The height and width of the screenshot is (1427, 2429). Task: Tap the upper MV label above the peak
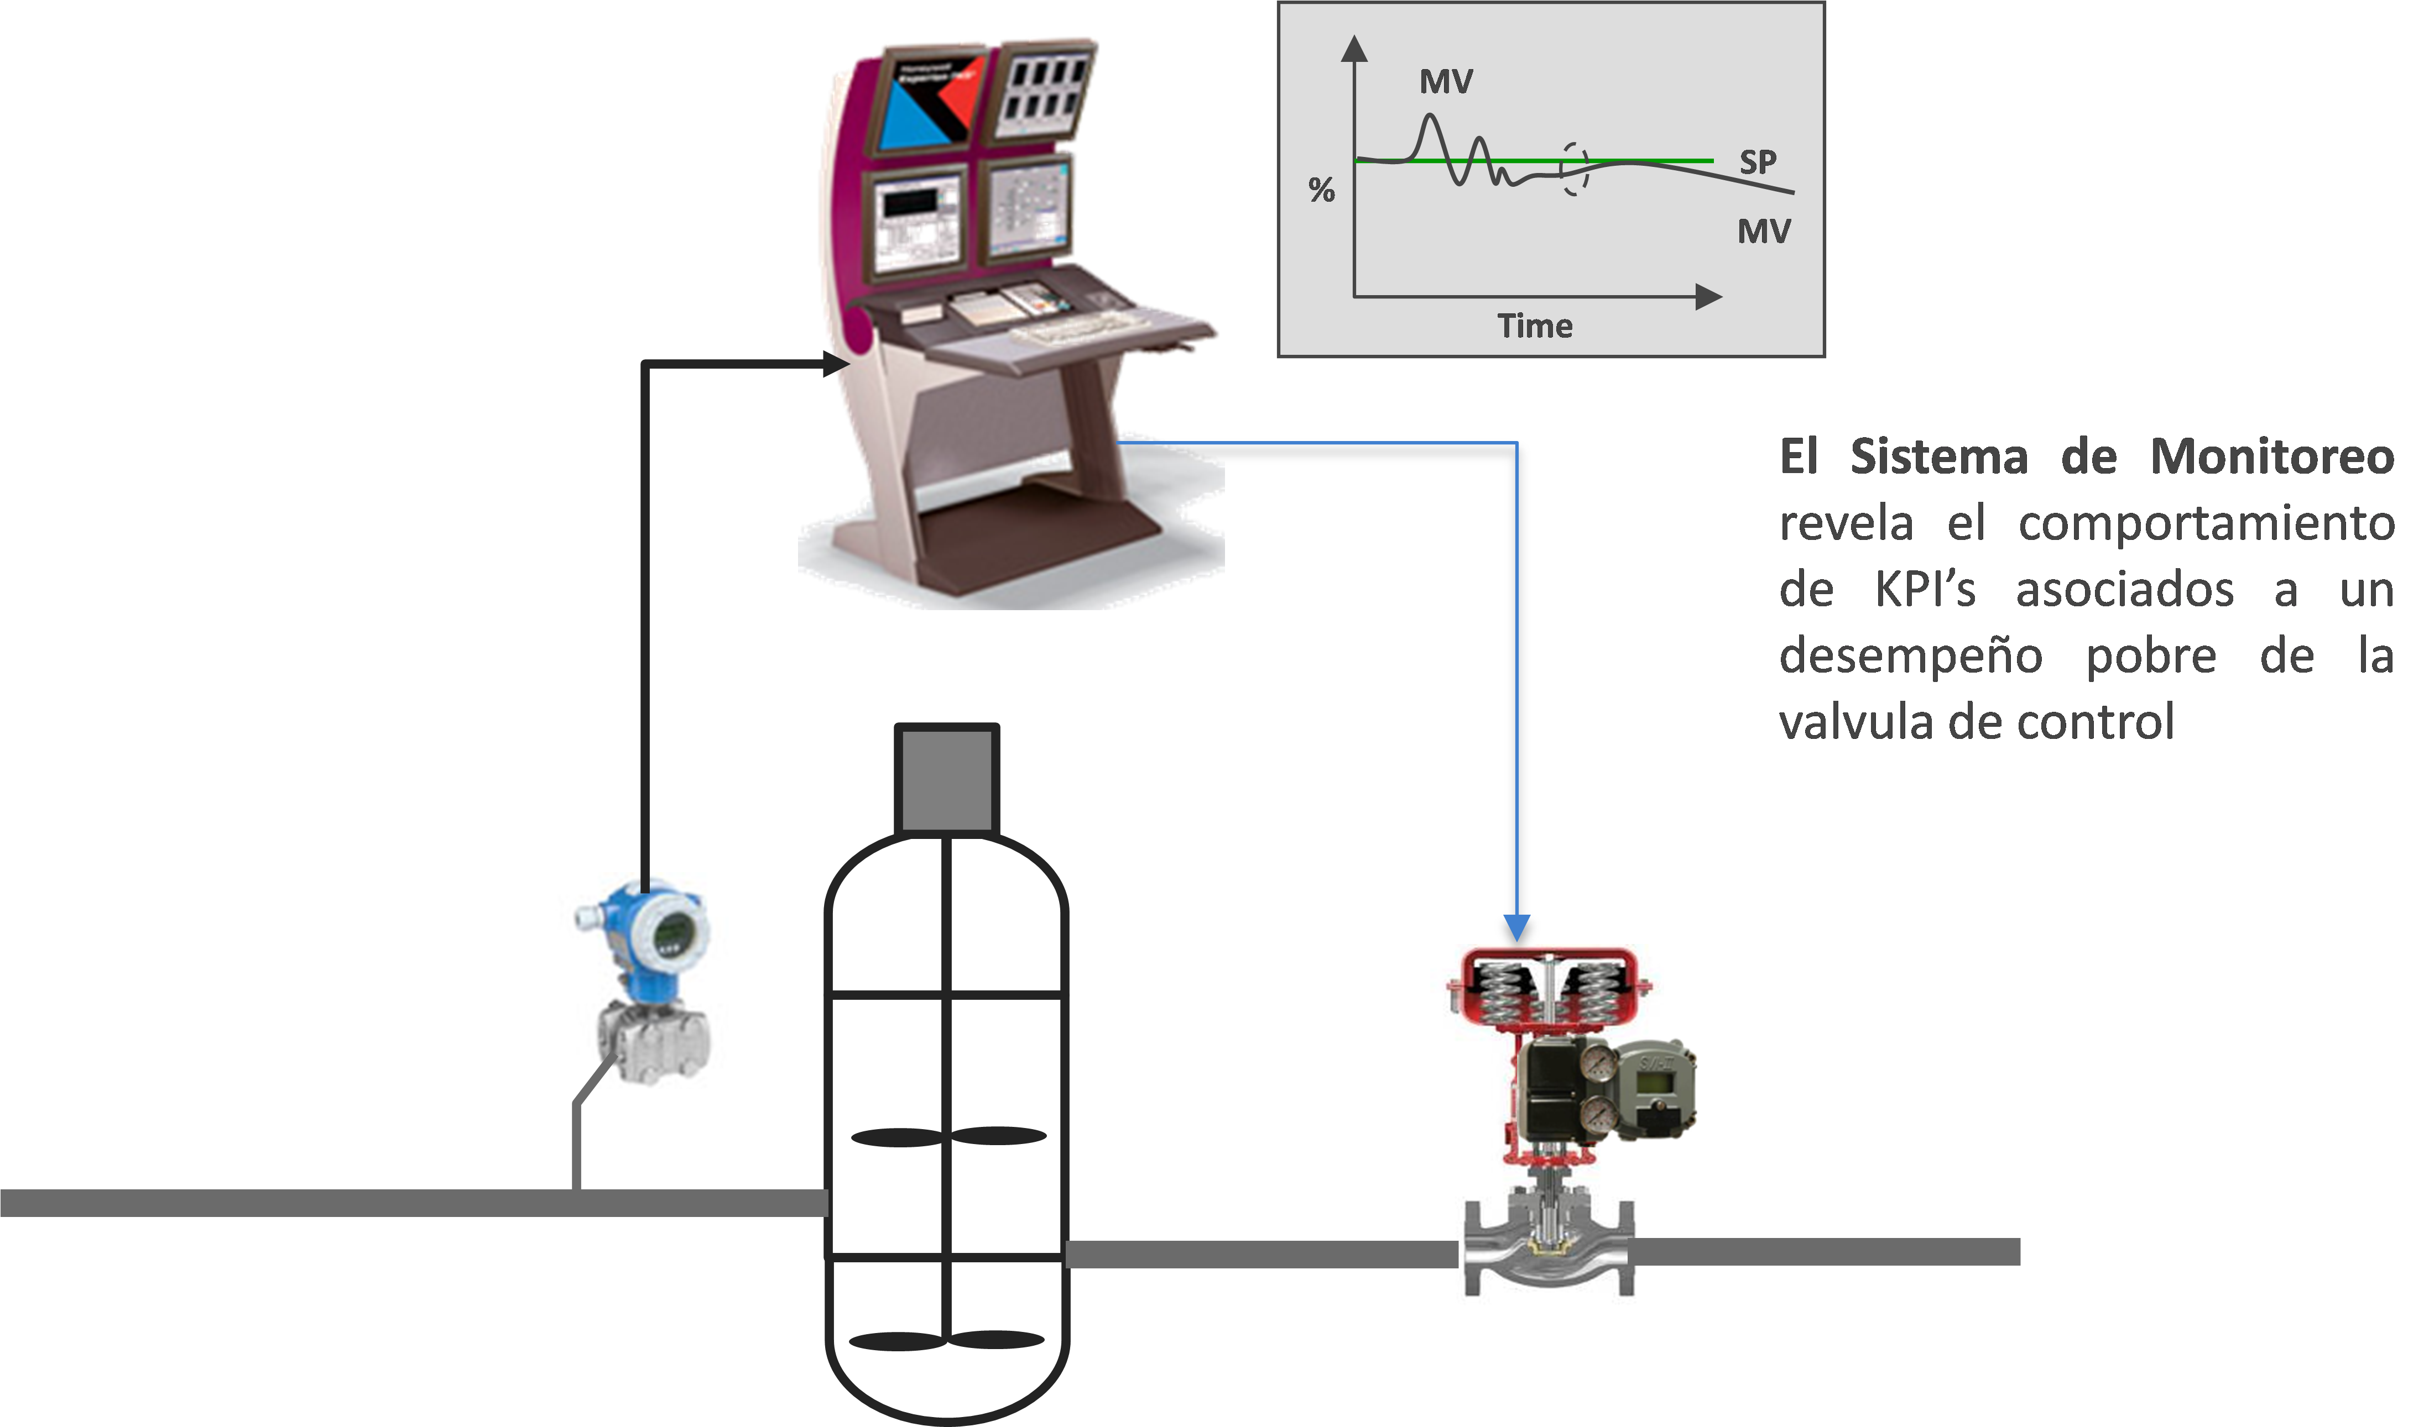[1446, 82]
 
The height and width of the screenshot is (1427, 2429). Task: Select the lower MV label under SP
[1764, 231]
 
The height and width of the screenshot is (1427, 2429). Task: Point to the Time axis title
[1535, 326]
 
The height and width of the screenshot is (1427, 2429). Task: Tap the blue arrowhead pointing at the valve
[1517, 928]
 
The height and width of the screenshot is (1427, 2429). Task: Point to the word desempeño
[1910, 656]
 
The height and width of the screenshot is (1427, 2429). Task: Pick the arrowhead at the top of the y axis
[1355, 48]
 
